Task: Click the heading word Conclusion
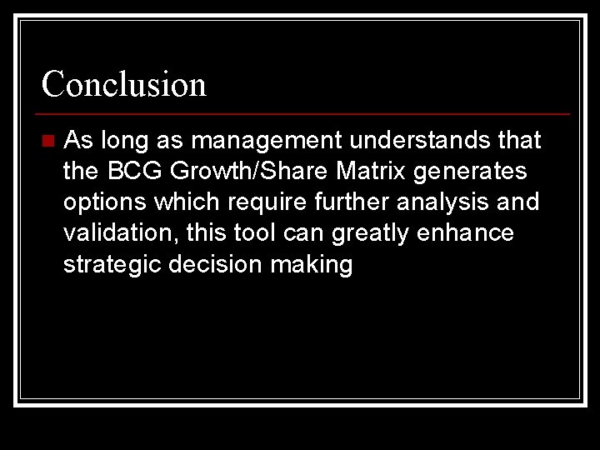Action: (124, 83)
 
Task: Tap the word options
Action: (103, 202)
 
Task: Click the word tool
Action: (252, 233)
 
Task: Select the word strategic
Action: (112, 265)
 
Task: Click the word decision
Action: (212, 265)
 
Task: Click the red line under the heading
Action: (304, 113)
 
